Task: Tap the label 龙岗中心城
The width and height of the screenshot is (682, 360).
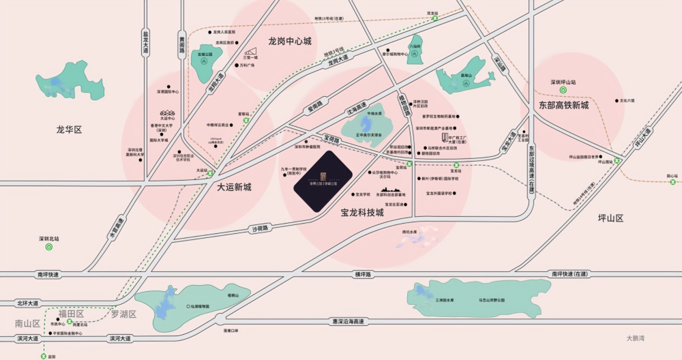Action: [x=285, y=41]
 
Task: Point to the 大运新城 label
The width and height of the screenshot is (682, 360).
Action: [x=235, y=186]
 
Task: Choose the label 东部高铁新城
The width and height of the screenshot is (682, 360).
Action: [x=563, y=105]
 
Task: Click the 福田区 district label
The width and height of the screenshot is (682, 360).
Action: [x=71, y=314]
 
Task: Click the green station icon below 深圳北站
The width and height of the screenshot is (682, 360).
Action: [x=48, y=247]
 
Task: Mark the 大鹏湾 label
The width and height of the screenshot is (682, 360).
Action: [x=636, y=337]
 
